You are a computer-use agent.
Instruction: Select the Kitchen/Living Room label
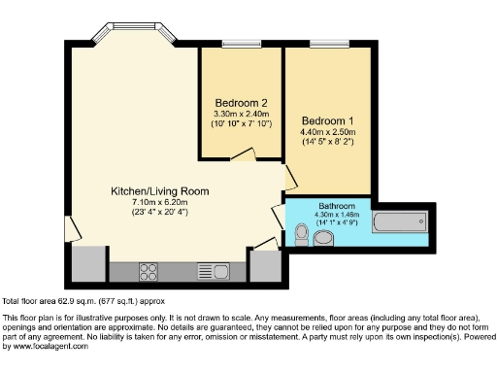click(x=159, y=191)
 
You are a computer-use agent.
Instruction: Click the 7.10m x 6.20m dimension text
click(x=159, y=202)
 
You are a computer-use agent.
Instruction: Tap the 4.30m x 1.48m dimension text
click(x=336, y=216)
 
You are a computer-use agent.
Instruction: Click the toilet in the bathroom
click(x=301, y=233)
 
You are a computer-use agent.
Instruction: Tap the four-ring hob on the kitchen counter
click(x=149, y=270)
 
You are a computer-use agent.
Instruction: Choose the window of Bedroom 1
click(x=323, y=44)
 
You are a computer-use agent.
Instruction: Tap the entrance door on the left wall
click(x=67, y=227)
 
